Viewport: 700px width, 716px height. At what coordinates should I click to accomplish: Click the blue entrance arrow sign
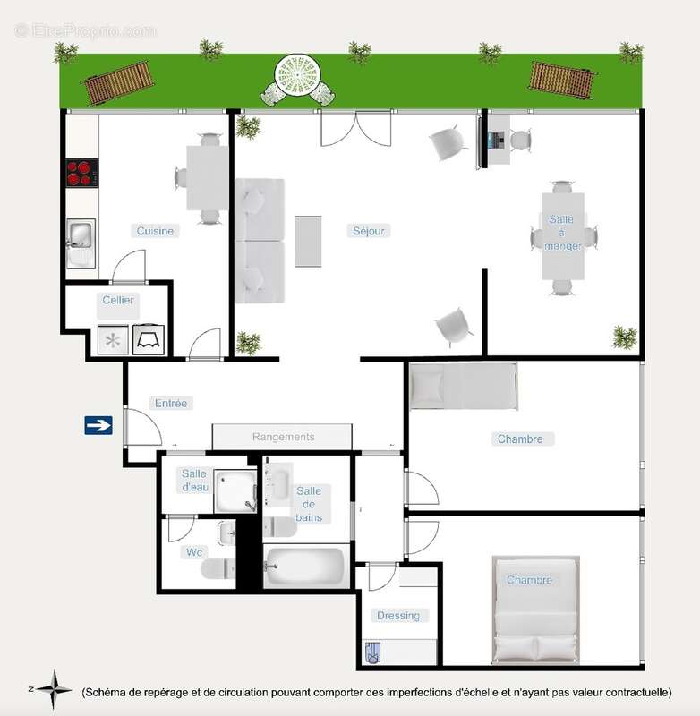(98, 425)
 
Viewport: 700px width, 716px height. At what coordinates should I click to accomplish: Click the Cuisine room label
(155, 231)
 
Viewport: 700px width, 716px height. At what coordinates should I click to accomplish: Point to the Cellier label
(118, 300)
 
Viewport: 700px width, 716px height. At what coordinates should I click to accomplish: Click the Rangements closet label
(283, 437)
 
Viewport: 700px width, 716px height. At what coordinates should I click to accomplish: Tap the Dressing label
(397, 615)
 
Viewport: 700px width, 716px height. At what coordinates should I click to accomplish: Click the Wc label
(192, 551)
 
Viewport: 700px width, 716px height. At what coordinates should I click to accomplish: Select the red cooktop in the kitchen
(81, 173)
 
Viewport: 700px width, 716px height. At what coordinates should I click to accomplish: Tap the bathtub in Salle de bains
(305, 567)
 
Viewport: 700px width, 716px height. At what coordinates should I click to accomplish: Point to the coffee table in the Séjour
(308, 241)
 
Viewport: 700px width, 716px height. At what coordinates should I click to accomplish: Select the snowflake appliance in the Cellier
(113, 340)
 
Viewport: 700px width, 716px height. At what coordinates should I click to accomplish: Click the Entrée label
(170, 404)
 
